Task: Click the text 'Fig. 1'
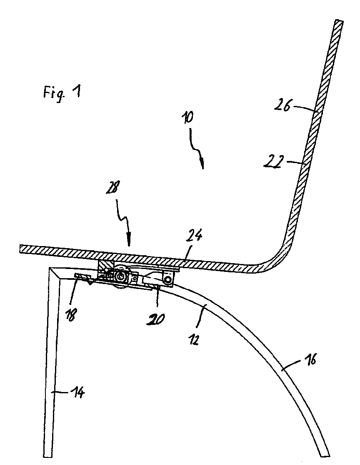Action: (x=62, y=93)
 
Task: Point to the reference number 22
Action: (x=272, y=163)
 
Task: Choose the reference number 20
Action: (x=155, y=319)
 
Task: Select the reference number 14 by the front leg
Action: (x=77, y=392)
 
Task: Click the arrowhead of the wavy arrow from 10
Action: (x=202, y=165)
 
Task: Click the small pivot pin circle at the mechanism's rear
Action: (x=169, y=280)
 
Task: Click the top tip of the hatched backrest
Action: (x=339, y=21)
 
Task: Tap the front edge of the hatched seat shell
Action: (x=20, y=249)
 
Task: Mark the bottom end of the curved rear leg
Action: (x=325, y=455)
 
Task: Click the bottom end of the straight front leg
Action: (x=48, y=456)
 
